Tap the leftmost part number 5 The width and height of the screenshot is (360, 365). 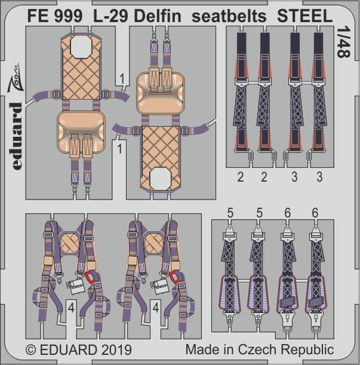pos(231,212)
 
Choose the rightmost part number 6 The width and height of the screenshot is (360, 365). pos(314,212)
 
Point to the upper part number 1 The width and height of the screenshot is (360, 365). pos(121,77)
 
